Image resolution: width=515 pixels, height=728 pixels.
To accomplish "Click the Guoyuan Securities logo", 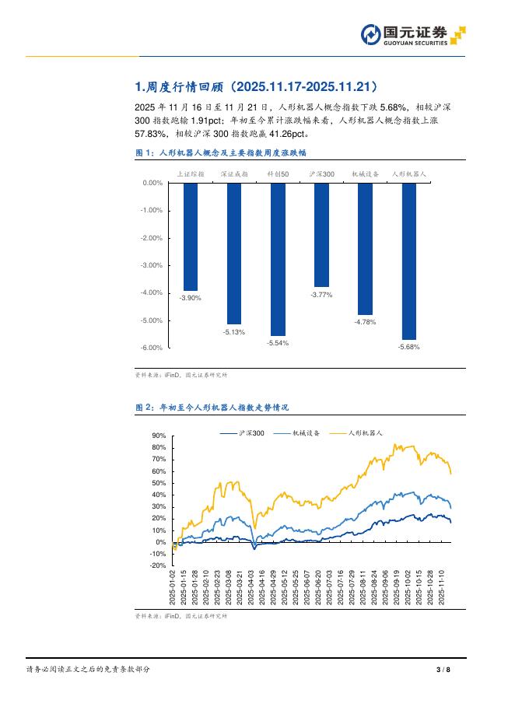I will pos(412,34).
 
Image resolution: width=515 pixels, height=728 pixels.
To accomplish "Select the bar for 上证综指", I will pos(191,236).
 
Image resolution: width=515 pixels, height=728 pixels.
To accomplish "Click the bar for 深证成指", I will pos(234,254).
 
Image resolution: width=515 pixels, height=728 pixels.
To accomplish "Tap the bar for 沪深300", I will pos(321,235).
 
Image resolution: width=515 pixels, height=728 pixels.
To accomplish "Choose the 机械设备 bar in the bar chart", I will pos(365,249).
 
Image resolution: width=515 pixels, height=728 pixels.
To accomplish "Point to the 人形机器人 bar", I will pos(408,261).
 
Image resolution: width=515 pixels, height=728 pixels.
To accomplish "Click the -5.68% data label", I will pos(408,347).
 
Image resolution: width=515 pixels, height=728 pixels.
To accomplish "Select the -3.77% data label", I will pos(321,295).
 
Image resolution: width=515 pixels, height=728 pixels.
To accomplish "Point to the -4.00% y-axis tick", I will pos(152,293).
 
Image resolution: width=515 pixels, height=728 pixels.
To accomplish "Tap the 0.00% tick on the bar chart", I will pos(152,184).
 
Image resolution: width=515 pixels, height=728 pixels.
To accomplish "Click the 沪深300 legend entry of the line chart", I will pos(243,432).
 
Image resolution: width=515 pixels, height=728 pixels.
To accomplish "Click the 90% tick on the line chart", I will pos(159,436).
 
